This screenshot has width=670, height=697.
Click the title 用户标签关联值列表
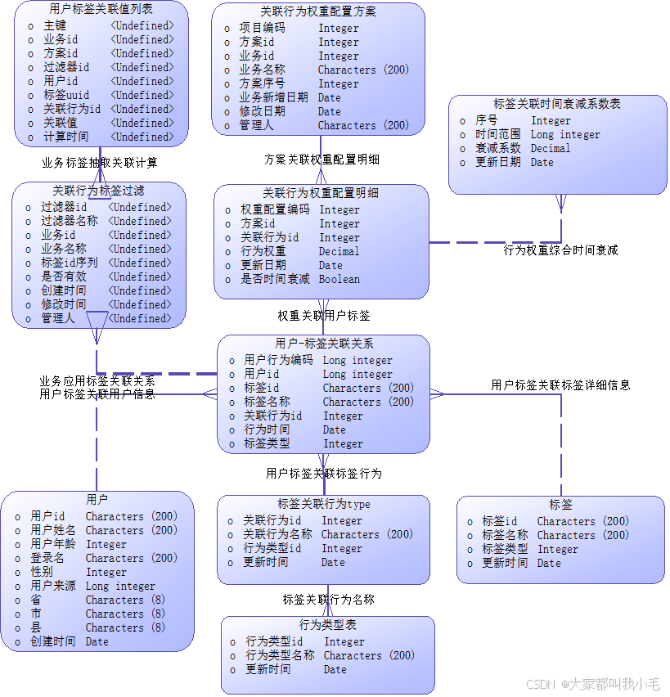coord(101,10)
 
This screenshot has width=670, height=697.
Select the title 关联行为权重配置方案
coord(318,11)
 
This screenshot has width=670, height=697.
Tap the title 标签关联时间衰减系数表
coord(557,104)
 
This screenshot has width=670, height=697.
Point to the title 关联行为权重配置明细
coord(320,193)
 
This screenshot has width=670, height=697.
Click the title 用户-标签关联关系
coord(324,344)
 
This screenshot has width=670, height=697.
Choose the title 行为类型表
coord(327,624)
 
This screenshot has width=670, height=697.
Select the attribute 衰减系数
coord(498,148)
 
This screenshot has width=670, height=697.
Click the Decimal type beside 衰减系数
coord(551,148)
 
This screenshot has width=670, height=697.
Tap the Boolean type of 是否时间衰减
coord(339,279)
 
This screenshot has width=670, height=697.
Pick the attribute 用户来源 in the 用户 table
coord(53,586)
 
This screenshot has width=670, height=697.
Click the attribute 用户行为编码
coord(278,360)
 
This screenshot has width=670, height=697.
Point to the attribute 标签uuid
coord(66,95)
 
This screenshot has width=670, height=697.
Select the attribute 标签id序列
coord(70,263)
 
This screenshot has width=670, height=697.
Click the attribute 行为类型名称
coord(280,655)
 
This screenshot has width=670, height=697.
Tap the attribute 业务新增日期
coord(273,97)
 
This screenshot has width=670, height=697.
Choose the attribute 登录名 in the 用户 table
coord(47,558)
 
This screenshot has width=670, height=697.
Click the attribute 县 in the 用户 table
coord(36,627)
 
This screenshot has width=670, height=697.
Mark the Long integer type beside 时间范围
coord(565,134)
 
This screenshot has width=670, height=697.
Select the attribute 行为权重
coord(263,251)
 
